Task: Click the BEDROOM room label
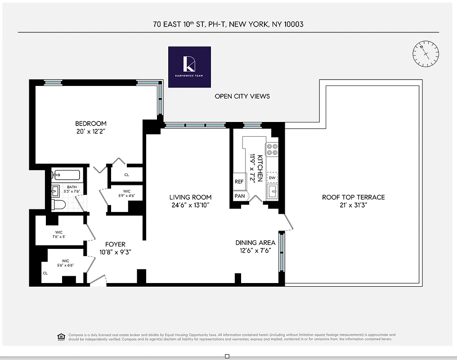91,124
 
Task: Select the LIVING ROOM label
190,197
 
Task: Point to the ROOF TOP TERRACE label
353,197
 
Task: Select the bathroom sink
55,191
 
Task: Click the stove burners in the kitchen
272,149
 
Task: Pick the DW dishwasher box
272,178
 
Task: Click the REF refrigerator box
239,182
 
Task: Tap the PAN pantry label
239,196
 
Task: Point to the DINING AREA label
255,243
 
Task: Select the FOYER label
115,244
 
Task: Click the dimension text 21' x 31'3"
353,205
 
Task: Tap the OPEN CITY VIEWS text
242,96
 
